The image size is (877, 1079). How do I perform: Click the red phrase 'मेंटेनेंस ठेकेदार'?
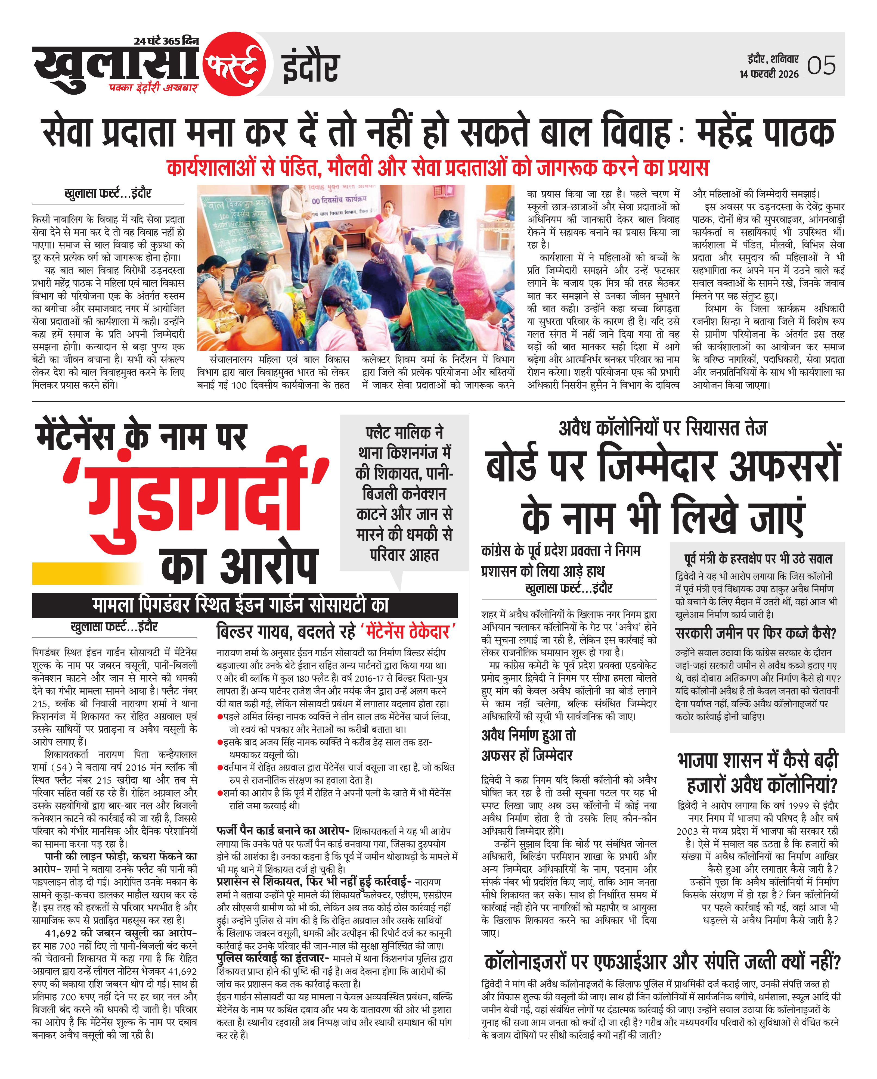409,631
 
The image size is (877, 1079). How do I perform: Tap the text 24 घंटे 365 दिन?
167,41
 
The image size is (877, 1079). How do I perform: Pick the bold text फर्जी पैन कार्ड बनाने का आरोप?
283,831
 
